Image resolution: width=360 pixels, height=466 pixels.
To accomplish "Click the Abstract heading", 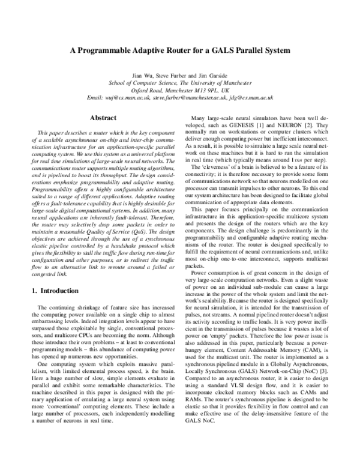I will click(98, 118).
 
